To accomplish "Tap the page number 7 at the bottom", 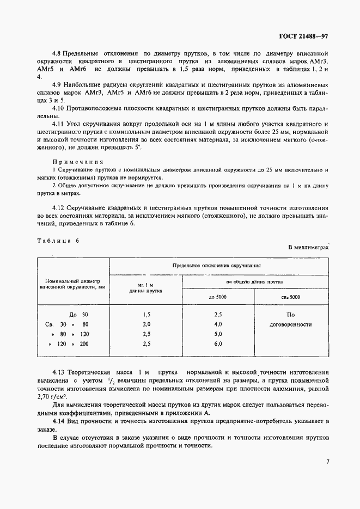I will click(328, 462).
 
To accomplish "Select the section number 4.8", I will click(58, 53).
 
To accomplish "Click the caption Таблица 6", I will click(58, 241).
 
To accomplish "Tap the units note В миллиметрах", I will click(309, 247).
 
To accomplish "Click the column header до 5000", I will click(218, 297).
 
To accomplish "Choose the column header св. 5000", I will click(291, 297).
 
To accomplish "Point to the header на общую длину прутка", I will click(254, 282).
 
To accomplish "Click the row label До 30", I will click(78, 315).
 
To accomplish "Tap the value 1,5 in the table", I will click(145, 315).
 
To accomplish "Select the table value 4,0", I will click(218, 324).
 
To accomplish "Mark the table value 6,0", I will click(218, 344).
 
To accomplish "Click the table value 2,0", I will click(145, 324).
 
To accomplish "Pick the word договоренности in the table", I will click(291, 324).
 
